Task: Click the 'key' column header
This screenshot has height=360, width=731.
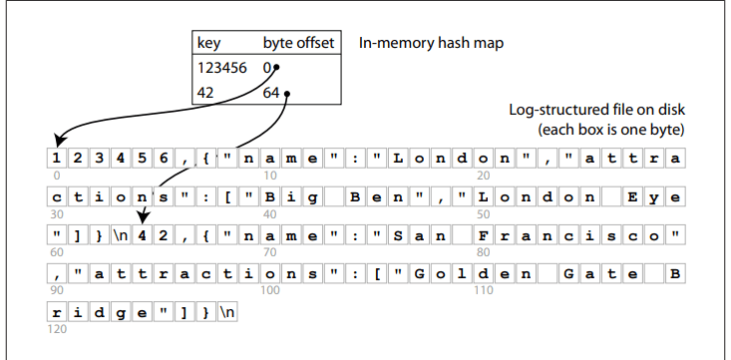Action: [211, 44]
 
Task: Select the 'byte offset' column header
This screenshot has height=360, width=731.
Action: [298, 44]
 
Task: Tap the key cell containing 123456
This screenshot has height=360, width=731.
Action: [224, 69]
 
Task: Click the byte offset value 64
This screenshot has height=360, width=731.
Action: [271, 93]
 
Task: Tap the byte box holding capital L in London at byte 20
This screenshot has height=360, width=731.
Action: [398, 159]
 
